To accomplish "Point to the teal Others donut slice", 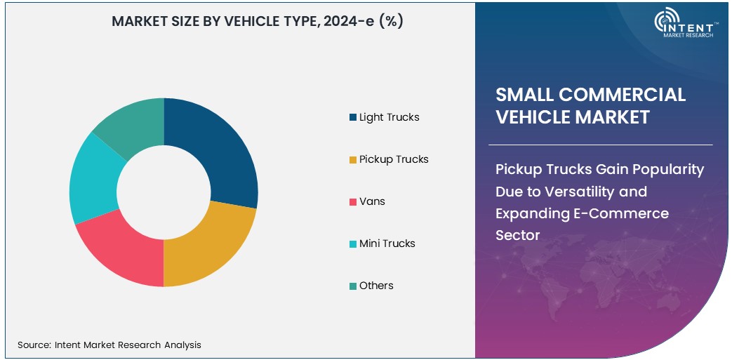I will point(133,123).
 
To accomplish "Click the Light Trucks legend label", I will point(389,117).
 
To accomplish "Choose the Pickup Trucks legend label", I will point(394,159).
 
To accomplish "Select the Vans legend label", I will point(372,201).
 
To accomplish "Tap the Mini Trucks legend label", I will point(387,244).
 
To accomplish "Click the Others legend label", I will point(376,286).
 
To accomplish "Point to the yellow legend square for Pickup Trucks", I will point(353,160).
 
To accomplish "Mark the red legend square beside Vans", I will point(353,202).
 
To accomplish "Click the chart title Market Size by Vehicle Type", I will point(258,22).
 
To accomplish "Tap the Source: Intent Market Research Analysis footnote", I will point(109,345).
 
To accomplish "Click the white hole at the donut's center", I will point(164,192).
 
